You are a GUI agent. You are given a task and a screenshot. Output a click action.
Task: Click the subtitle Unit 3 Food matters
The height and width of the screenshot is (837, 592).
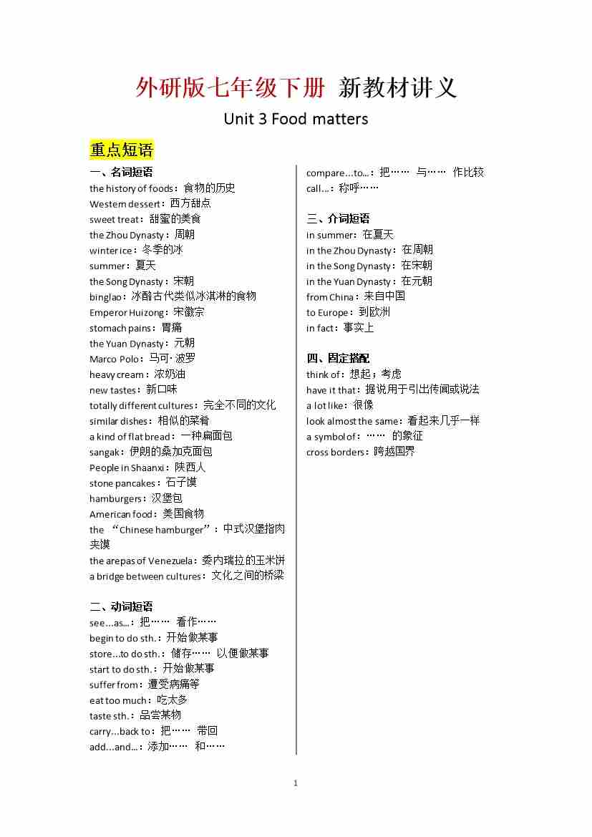pos(296,118)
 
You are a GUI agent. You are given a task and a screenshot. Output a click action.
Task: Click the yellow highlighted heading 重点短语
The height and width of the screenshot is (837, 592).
pos(122,150)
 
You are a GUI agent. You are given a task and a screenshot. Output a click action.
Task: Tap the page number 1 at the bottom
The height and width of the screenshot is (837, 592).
pos(296,783)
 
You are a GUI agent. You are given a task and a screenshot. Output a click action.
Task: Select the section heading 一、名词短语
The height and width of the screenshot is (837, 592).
pos(121,172)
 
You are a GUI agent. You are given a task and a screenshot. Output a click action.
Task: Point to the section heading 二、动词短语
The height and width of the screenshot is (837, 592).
pos(121,606)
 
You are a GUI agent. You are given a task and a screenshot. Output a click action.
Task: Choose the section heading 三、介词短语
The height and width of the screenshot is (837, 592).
pos(338,218)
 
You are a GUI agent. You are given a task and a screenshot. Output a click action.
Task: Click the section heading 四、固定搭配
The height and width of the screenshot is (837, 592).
pos(338,358)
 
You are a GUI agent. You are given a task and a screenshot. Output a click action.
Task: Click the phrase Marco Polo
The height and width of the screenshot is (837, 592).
pos(115,359)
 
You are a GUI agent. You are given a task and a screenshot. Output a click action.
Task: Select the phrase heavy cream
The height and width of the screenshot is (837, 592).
pos(117,374)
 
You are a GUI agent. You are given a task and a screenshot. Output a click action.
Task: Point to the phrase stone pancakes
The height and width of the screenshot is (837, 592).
pos(122,483)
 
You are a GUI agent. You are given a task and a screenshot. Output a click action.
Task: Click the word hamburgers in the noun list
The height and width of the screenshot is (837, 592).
pos(115,498)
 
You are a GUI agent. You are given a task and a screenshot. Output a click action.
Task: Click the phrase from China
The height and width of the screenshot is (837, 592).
pos(330,297)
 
